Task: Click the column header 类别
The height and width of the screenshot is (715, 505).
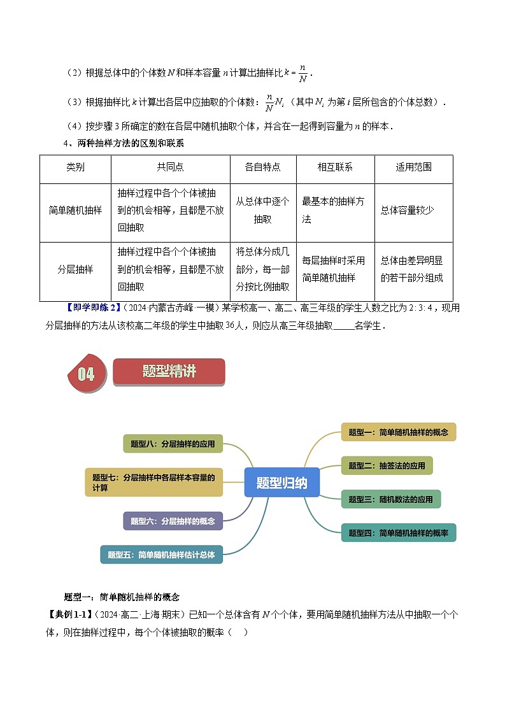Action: pos(75,167)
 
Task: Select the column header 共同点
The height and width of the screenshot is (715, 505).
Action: pos(170,167)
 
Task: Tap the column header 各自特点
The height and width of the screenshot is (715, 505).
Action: pos(262,167)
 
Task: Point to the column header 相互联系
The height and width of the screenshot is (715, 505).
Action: pos(335,167)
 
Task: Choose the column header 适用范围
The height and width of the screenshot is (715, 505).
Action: pos(413,167)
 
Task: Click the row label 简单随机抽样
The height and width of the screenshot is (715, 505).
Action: pos(75,210)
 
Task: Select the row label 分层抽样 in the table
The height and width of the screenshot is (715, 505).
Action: pos(75,269)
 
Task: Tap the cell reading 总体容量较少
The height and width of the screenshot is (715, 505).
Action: pos(407,210)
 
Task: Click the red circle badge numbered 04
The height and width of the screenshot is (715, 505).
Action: pos(87,374)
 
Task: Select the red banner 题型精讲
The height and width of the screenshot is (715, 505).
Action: pos(169,372)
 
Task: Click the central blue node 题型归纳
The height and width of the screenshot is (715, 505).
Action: pos(281,483)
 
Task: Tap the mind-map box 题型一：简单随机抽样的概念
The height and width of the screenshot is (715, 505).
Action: pos(399,432)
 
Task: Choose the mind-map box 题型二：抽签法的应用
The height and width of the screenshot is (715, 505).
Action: pos(387,465)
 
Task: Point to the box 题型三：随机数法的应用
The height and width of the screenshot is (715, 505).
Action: pos(390,499)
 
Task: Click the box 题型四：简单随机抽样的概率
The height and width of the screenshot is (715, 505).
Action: pos(399,533)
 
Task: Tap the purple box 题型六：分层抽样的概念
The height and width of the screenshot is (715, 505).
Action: pos(173,521)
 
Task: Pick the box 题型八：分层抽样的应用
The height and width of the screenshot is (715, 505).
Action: pos(173,444)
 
